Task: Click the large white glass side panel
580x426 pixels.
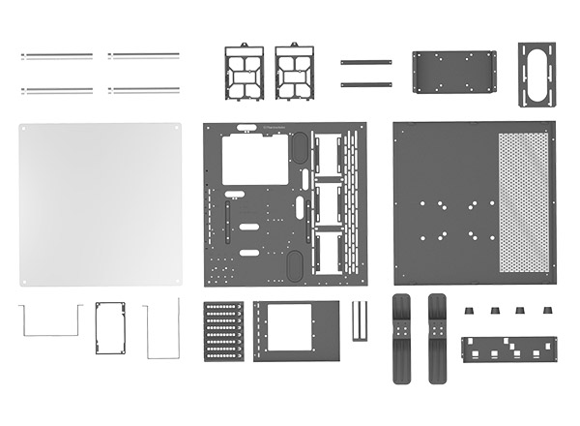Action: point(101,203)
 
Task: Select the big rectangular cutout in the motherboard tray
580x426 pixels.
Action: point(255,159)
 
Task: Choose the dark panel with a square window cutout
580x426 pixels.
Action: point(297,330)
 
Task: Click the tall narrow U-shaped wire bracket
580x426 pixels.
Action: point(161,329)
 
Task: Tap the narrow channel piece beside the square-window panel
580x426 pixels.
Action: point(360,321)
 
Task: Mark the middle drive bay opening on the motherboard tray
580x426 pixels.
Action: point(328,203)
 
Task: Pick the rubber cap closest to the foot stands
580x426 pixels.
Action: point(470,311)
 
